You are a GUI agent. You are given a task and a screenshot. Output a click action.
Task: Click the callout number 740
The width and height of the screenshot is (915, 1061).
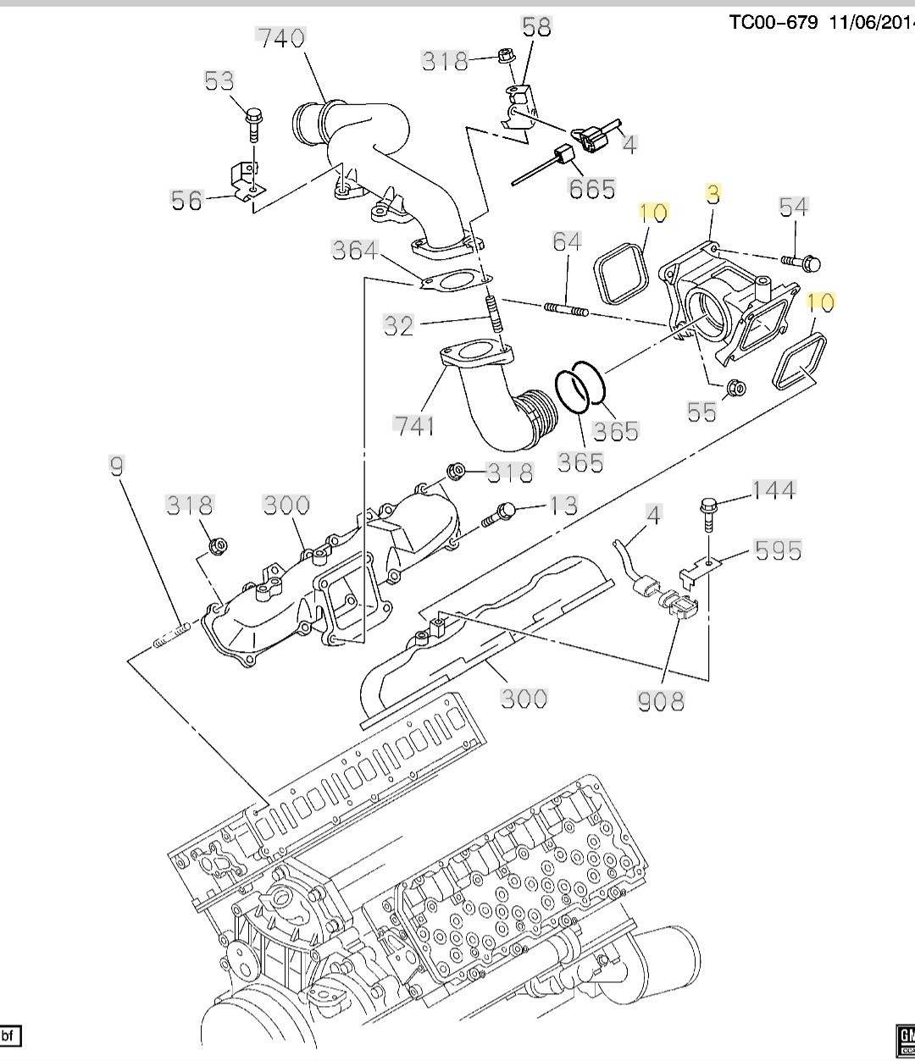pyautogui.click(x=281, y=38)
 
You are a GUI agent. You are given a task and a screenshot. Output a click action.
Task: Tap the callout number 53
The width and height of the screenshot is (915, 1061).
pyautogui.click(x=219, y=80)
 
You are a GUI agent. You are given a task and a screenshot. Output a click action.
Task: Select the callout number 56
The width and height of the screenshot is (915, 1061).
pyautogui.click(x=187, y=200)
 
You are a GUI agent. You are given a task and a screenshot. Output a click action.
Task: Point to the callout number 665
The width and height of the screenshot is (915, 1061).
pyautogui.click(x=591, y=189)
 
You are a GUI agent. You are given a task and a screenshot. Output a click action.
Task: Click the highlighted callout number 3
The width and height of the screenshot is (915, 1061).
pyautogui.click(x=713, y=194)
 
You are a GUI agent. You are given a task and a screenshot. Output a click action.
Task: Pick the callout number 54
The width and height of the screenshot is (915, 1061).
pyautogui.click(x=794, y=207)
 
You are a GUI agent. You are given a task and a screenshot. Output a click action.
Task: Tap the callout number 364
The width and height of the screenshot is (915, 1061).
pyautogui.click(x=355, y=251)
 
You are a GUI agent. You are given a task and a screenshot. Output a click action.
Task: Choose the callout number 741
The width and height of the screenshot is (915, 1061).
pyautogui.click(x=413, y=426)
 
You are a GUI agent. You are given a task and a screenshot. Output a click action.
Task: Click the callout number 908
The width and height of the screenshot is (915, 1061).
pyautogui.click(x=661, y=701)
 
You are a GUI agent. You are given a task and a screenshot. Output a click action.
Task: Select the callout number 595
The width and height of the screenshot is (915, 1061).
pyautogui.click(x=778, y=550)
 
